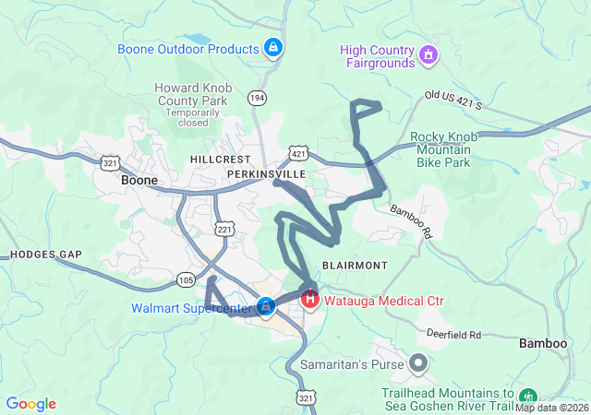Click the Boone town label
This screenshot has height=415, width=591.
point(139,181)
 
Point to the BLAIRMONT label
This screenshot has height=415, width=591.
point(355,265)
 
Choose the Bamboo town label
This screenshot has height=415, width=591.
point(542,343)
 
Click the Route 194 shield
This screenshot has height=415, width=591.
point(258,97)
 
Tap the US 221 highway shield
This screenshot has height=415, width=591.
point(224,228)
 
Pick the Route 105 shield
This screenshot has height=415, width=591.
point(186,279)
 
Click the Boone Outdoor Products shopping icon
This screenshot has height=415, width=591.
point(272,47)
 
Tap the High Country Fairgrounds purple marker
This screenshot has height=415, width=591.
point(428,56)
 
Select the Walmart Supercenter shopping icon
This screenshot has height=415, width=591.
point(266,305)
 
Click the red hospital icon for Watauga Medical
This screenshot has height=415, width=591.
point(310,300)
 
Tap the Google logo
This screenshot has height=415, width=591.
point(31,403)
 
